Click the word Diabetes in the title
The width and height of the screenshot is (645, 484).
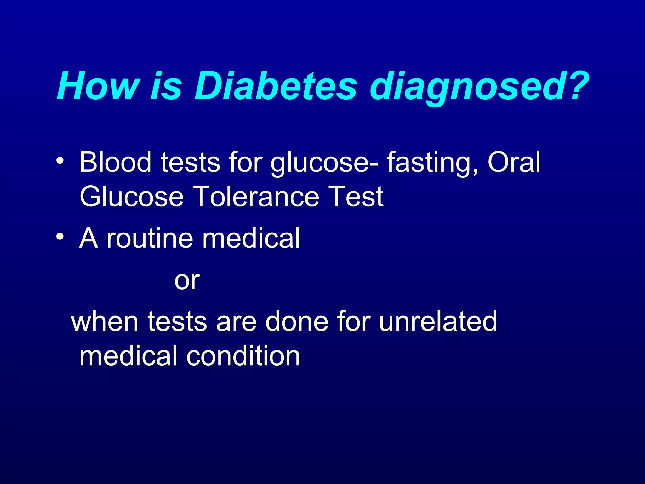pyautogui.click(x=276, y=86)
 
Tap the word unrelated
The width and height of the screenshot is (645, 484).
pyautogui.click(x=438, y=321)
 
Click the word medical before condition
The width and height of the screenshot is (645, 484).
pyautogui.click(x=128, y=356)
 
